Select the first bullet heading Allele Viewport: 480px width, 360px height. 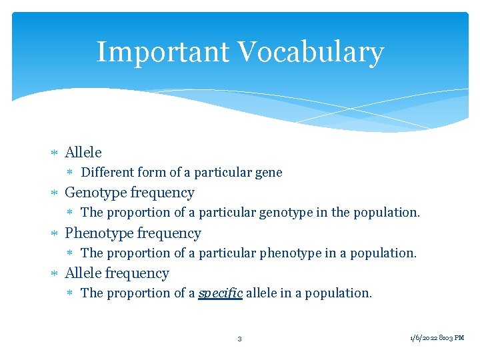(x=83, y=153)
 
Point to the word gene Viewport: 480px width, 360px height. (x=268, y=173)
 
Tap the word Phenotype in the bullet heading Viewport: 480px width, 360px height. (x=99, y=233)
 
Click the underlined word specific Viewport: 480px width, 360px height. (x=220, y=293)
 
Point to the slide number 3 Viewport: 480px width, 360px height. (x=239, y=339)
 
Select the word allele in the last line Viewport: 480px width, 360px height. (x=261, y=293)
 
